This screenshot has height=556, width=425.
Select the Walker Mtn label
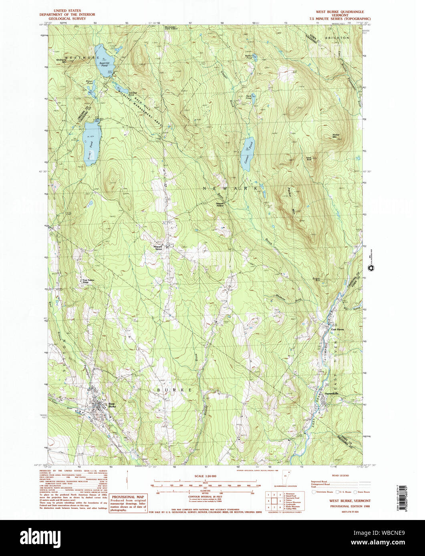(336, 136)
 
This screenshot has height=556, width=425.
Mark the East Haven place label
(337, 329)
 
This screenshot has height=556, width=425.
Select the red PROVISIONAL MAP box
(129, 503)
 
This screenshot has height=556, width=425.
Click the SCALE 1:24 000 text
(205, 476)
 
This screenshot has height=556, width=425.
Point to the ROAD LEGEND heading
(340, 476)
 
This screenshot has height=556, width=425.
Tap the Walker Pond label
(249, 57)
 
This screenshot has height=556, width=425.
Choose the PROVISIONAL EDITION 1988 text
(344, 506)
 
